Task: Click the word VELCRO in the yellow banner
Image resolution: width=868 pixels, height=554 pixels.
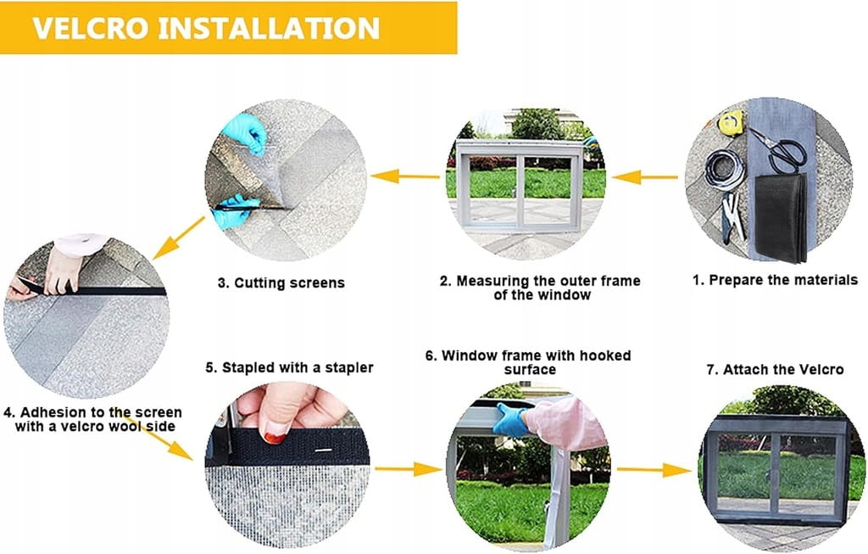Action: tap(91, 28)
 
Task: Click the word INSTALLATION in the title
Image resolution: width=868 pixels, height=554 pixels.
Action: tap(269, 28)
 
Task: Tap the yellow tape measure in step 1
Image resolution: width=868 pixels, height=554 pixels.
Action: tap(730, 122)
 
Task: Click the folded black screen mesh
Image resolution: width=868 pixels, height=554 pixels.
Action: tap(781, 218)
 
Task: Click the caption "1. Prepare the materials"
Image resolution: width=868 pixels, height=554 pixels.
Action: tap(775, 280)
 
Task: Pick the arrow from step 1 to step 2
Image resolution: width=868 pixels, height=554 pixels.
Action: tap(644, 177)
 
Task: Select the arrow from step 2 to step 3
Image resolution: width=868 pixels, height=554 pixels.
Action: tap(405, 176)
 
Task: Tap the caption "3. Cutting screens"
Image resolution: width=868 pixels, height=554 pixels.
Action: tap(281, 283)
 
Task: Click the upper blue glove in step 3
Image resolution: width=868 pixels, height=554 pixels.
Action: tap(244, 133)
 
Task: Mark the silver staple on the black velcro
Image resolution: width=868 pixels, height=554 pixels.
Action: tap(324, 450)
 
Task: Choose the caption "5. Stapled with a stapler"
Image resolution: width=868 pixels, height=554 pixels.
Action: tap(290, 368)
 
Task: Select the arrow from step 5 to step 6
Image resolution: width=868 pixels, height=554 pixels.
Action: tap(409, 470)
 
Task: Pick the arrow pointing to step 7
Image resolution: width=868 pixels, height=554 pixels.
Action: tap(654, 470)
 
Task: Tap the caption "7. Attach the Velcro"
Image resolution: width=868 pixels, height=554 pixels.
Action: tap(775, 370)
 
